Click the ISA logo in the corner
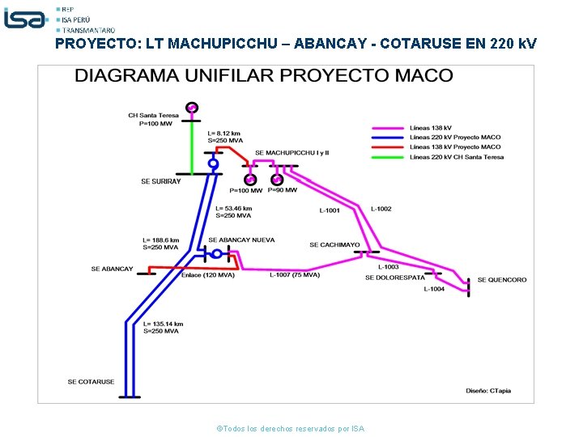pyautogui.click(x=25, y=18)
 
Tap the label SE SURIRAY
pyautogui.click(x=161, y=181)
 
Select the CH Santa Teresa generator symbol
pyautogui.click(x=191, y=107)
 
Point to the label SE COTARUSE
pyautogui.click(x=91, y=381)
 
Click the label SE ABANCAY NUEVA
pyautogui.click(x=241, y=240)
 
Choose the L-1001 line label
pyautogui.click(x=330, y=210)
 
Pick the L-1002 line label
pyautogui.click(x=381, y=209)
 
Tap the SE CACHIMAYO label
pyautogui.click(x=334, y=244)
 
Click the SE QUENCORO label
pyautogui.click(x=501, y=280)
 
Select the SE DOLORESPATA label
pyautogui.click(x=394, y=278)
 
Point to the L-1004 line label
pyautogui.click(x=434, y=289)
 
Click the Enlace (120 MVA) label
pyautogui.click(x=208, y=275)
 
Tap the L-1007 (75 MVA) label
pyautogui.click(x=294, y=275)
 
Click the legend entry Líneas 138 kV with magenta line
pyautogui.click(x=431, y=128)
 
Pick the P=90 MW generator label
pyautogui.click(x=283, y=190)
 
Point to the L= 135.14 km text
pyautogui.click(x=163, y=324)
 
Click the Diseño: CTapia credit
pyautogui.click(x=488, y=391)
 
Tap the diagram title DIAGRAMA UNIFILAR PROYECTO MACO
pyautogui.click(x=264, y=76)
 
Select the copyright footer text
pyautogui.click(x=291, y=428)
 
